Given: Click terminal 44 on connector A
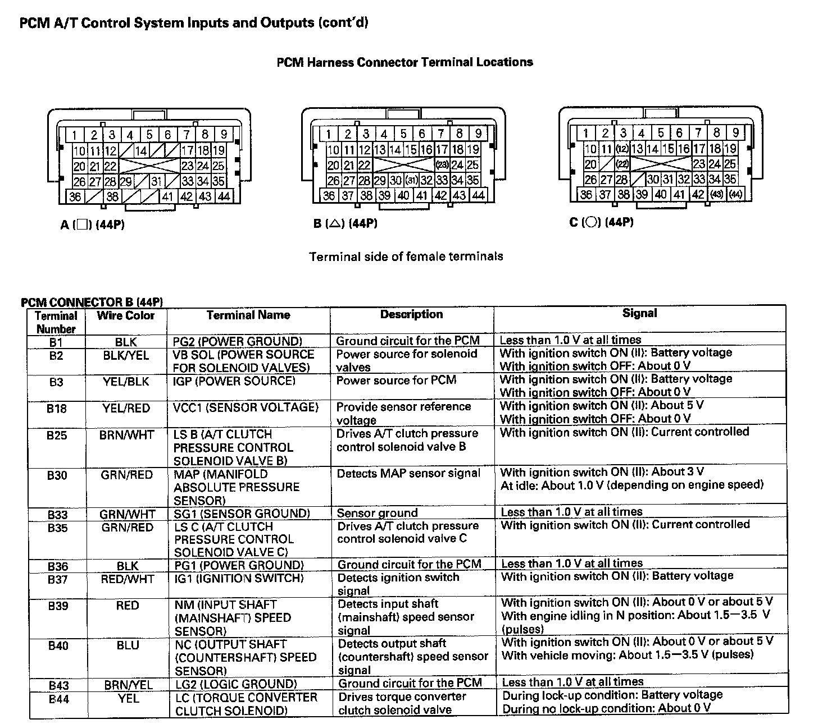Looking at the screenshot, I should (224, 196).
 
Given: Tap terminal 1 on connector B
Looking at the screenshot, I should (329, 134).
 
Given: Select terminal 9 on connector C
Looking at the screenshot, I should (735, 133).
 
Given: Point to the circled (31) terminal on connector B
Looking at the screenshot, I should (411, 181).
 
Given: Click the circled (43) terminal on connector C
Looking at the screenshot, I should (716, 194).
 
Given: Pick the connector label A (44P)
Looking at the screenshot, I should (93, 225).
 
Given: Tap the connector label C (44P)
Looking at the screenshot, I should (601, 222).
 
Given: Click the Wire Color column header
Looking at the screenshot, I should (126, 315).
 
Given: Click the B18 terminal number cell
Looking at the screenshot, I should (56, 408).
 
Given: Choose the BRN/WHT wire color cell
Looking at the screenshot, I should (126, 434).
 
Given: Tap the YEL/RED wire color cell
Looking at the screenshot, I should (126, 408).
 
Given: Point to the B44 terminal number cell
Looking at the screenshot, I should (58, 699).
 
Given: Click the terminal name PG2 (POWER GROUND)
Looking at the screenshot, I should (237, 341).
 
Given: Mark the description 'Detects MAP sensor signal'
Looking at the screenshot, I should (408, 473).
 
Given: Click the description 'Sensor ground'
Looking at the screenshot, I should (377, 513).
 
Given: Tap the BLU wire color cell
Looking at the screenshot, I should (128, 645).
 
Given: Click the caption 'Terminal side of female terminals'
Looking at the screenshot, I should (406, 256).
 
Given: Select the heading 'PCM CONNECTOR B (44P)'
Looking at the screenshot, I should (92, 303).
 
